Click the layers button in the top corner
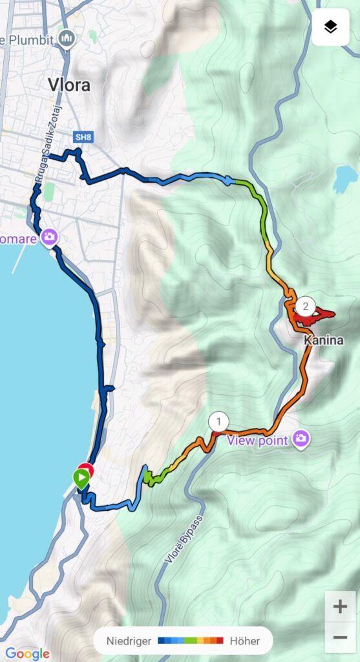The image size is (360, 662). [330, 27]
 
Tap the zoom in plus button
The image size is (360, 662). [340, 607]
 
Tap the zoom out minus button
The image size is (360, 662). [340, 637]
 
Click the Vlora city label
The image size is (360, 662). [69, 85]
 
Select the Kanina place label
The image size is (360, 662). [324, 340]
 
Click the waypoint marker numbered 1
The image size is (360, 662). [218, 422]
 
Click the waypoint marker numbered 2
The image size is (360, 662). [306, 306]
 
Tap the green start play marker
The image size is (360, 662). [81, 479]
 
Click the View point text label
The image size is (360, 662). [259, 440]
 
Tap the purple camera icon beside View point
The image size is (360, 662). [301, 440]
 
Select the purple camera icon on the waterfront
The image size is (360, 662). [49, 238]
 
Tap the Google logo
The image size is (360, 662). [26, 654]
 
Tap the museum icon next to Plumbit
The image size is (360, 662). [67, 39]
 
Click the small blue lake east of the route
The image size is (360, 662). [345, 179]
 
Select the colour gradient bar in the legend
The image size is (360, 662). [191, 641]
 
